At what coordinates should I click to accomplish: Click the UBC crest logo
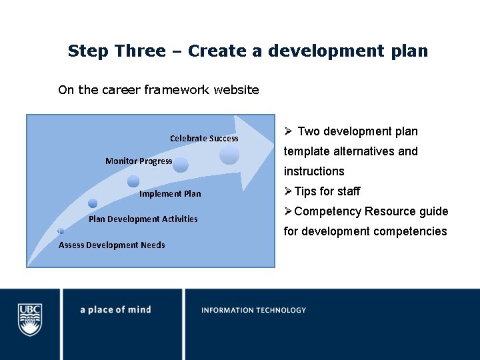coord(29,319)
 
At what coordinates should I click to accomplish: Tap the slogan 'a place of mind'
coord(115,309)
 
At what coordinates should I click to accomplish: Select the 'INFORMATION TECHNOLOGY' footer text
coord(253,310)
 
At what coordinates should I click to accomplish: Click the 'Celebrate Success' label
coord(204,138)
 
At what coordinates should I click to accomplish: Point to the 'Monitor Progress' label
coord(139,161)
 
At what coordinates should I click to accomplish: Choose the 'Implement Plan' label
coord(170,193)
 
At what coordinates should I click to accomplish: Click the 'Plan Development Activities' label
coord(143,219)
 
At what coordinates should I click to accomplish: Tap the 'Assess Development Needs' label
coord(112,245)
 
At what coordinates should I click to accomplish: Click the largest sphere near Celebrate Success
coord(229,155)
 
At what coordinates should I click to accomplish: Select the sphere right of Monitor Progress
coord(181,165)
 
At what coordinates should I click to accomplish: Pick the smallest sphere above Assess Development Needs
coord(60,231)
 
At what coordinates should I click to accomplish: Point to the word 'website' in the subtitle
coord(236,89)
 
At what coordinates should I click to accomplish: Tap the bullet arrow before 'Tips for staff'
coord(288,191)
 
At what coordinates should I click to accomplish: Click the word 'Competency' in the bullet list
coord(324,211)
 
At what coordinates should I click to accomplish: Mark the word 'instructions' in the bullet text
coord(314,171)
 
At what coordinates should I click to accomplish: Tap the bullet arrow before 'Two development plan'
coord(288,131)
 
